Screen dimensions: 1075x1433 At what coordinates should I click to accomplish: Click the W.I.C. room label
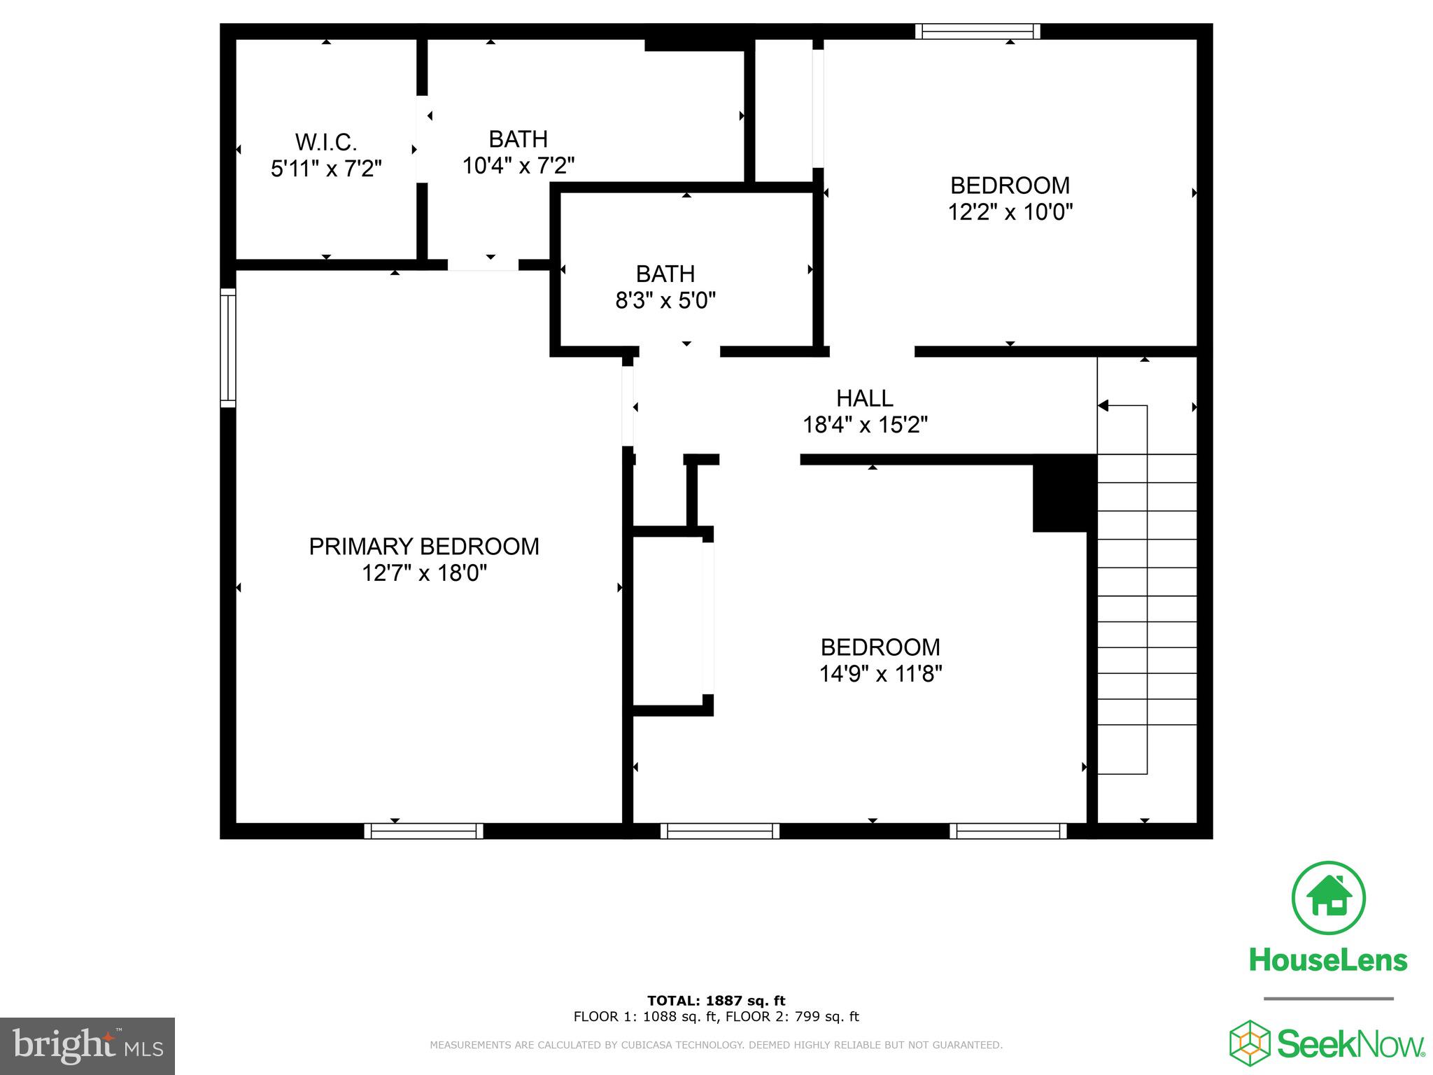(x=326, y=142)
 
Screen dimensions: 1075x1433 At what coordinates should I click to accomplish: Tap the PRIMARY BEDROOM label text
(x=424, y=547)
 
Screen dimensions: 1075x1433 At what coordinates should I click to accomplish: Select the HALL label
(x=865, y=398)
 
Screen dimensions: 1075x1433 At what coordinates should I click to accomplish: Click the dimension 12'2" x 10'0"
(x=1010, y=212)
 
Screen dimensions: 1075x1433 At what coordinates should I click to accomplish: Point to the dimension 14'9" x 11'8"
(x=880, y=674)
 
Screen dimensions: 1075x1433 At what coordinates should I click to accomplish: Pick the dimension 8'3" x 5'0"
(x=665, y=301)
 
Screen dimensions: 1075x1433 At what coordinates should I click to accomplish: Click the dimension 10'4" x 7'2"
(x=518, y=166)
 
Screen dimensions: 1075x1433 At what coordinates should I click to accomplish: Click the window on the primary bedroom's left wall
(x=228, y=348)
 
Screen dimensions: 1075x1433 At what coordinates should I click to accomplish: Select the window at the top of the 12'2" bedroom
(x=977, y=31)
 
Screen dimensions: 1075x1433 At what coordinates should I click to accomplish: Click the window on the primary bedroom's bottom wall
(x=423, y=831)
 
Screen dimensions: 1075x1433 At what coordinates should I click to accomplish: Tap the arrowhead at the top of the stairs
(x=1103, y=406)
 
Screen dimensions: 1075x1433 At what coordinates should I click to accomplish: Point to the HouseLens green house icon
(x=1328, y=898)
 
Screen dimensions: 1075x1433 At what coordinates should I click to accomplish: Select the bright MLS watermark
(x=87, y=1046)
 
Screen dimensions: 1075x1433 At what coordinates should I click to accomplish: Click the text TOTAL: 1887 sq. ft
(x=716, y=1001)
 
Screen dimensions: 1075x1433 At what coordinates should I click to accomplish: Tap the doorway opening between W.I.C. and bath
(x=422, y=140)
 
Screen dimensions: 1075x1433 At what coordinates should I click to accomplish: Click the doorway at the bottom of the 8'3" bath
(x=679, y=351)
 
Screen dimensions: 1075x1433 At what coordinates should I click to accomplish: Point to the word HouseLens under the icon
(x=1328, y=960)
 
